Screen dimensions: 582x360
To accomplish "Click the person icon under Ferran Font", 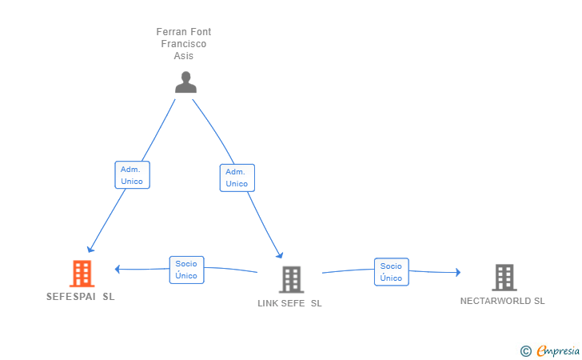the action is [x=185, y=82].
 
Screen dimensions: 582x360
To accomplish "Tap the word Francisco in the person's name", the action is [x=184, y=44].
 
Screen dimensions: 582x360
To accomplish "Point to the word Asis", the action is [x=184, y=56].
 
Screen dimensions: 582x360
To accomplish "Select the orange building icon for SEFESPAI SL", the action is [x=82, y=274].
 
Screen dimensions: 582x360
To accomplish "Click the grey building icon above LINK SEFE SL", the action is [x=291, y=279].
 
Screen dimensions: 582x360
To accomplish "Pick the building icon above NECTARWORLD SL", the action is [x=504, y=277].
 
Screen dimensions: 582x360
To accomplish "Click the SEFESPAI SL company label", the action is [x=81, y=297].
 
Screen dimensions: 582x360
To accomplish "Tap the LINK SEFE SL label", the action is [x=289, y=303].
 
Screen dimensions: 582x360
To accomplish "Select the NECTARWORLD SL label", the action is [x=503, y=301].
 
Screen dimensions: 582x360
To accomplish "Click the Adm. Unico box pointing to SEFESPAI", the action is [x=132, y=175].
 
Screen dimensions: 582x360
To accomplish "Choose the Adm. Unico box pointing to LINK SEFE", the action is [x=237, y=178].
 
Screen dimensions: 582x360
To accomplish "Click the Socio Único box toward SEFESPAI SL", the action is [x=187, y=270].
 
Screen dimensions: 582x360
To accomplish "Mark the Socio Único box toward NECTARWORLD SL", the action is [x=392, y=272].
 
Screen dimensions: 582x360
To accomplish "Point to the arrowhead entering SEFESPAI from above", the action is [x=90, y=249].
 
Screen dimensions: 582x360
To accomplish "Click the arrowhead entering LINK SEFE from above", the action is [x=280, y=254].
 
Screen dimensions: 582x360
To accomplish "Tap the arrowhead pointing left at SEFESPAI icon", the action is [x=118, y=269].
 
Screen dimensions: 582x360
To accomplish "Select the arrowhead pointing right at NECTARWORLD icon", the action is [x=458, y=272].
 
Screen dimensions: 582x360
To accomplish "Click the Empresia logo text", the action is [x=558, y=350].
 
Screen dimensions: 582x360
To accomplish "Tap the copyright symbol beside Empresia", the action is [x=526, y=351].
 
